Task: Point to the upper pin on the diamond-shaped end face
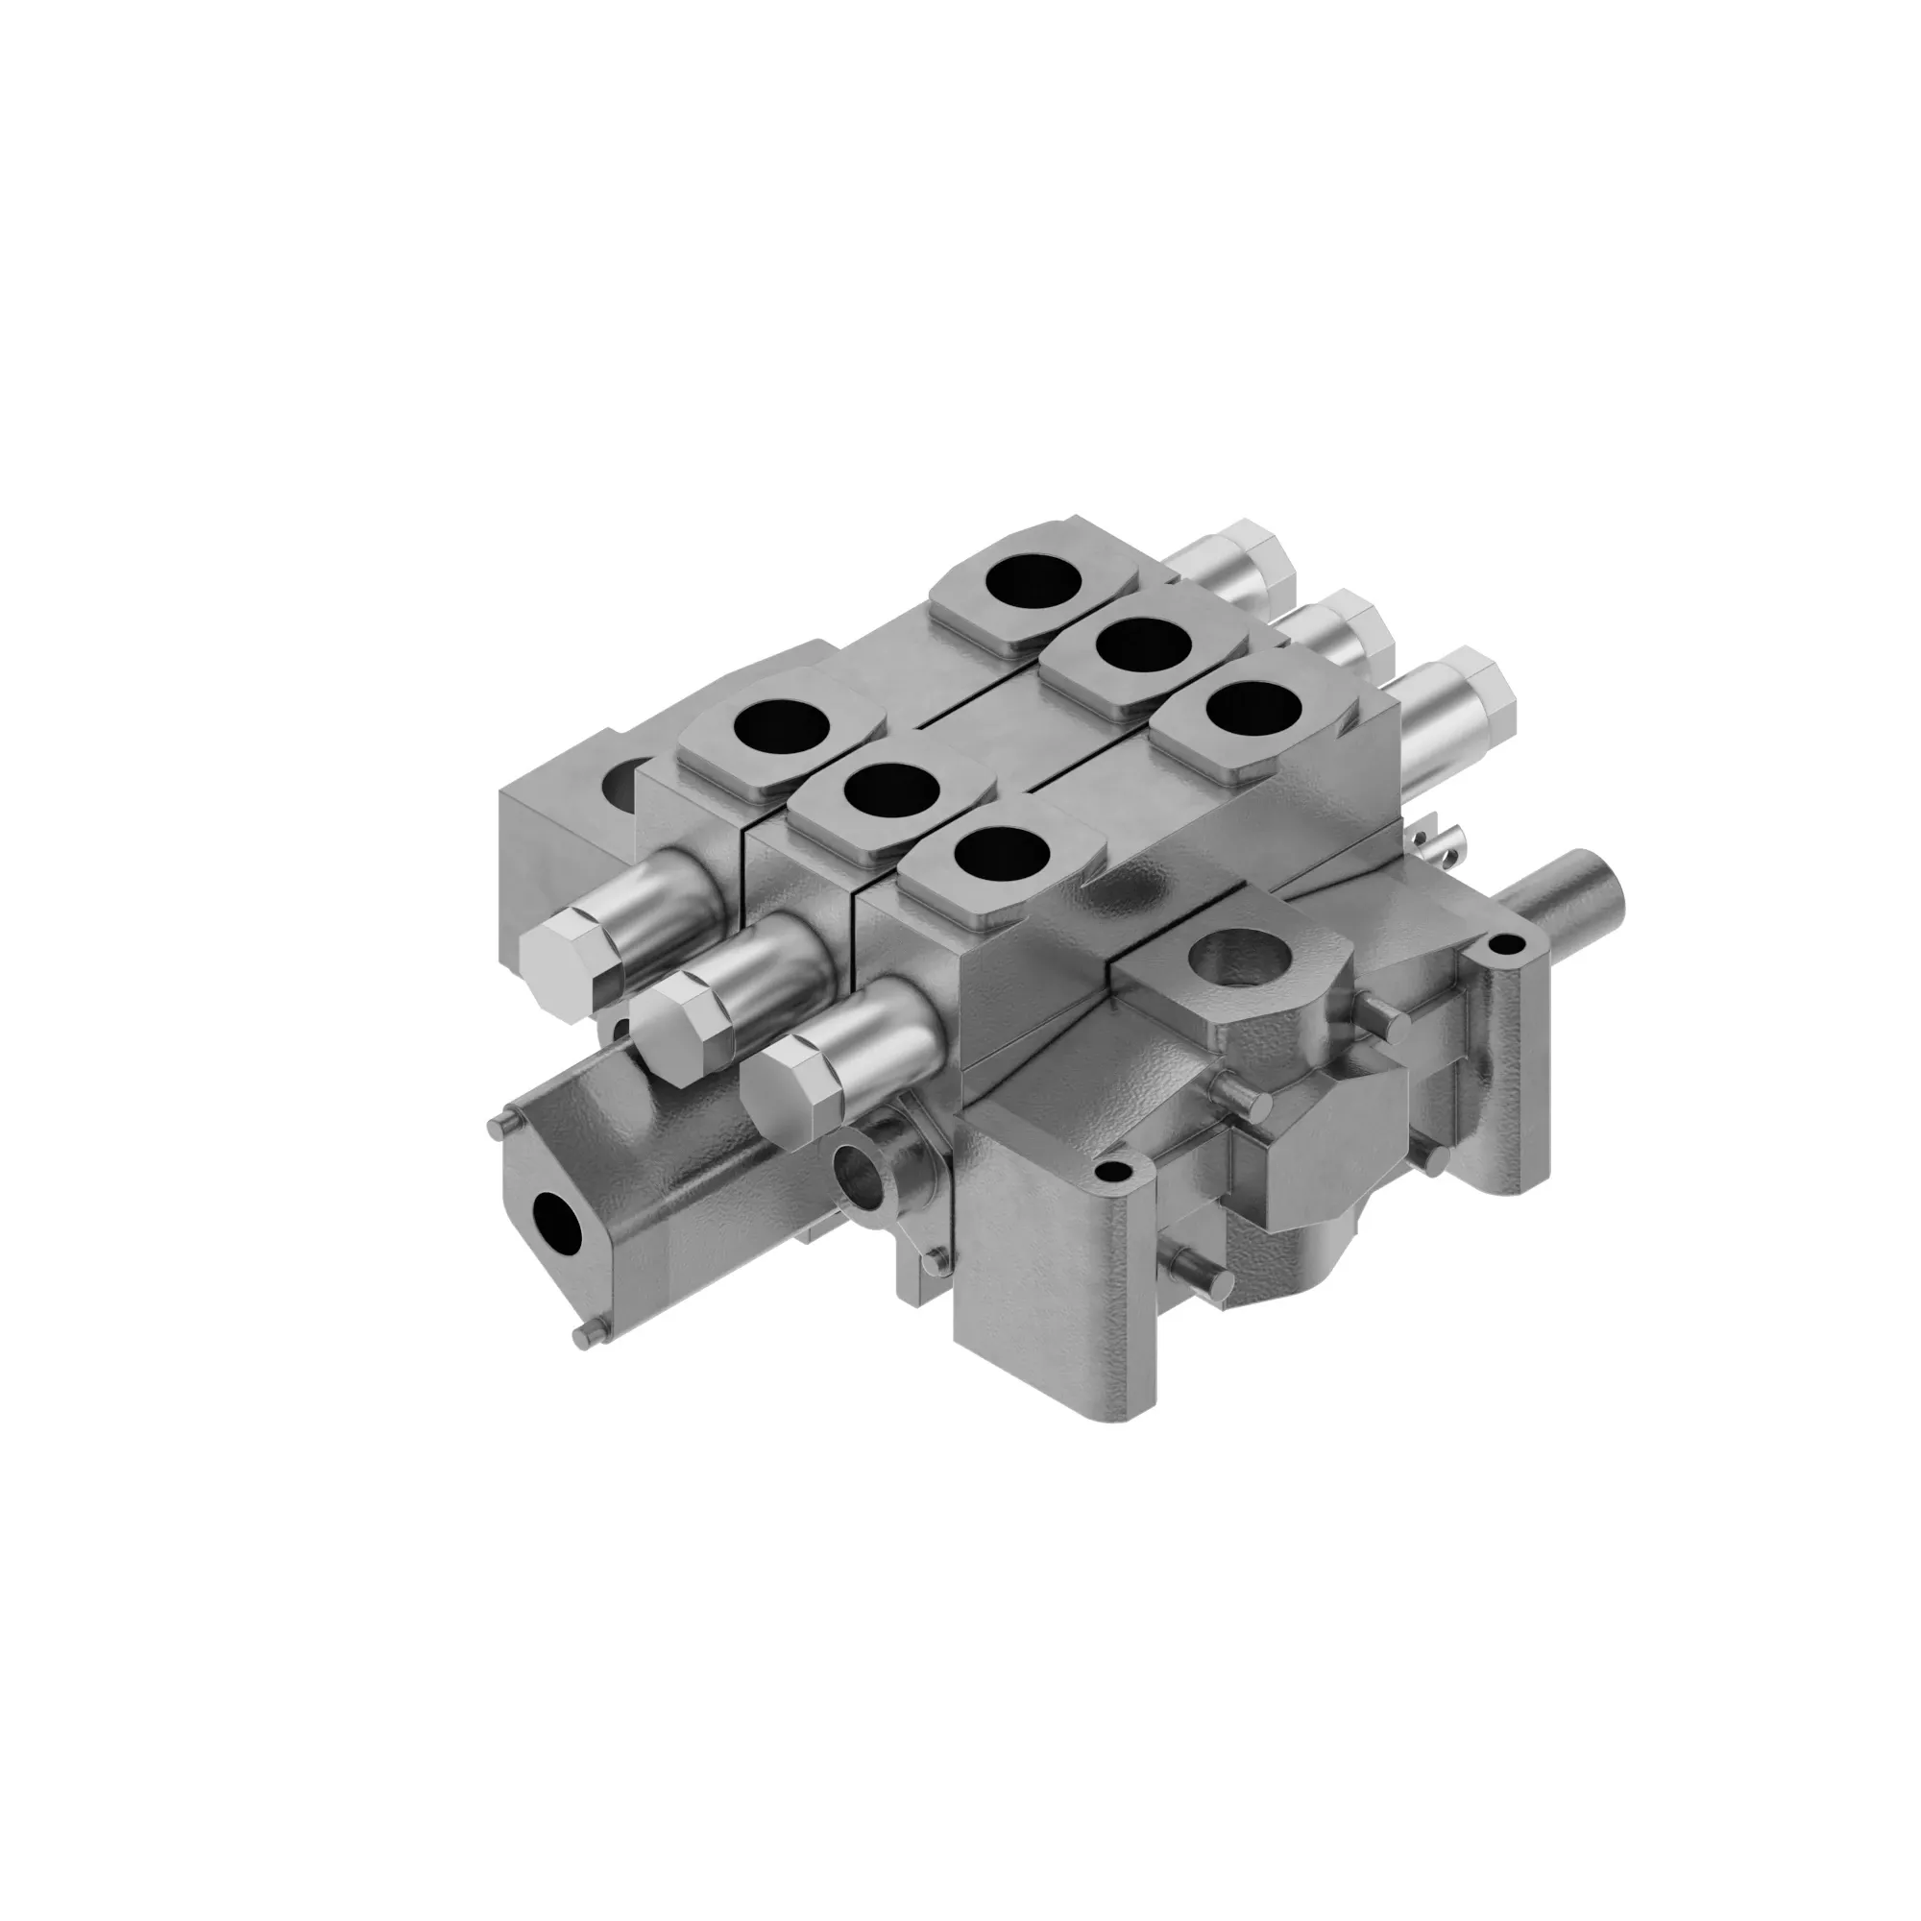[x=497, y=1122]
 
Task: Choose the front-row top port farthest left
[x=782, y=728]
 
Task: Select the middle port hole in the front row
[x=891, y=790]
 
